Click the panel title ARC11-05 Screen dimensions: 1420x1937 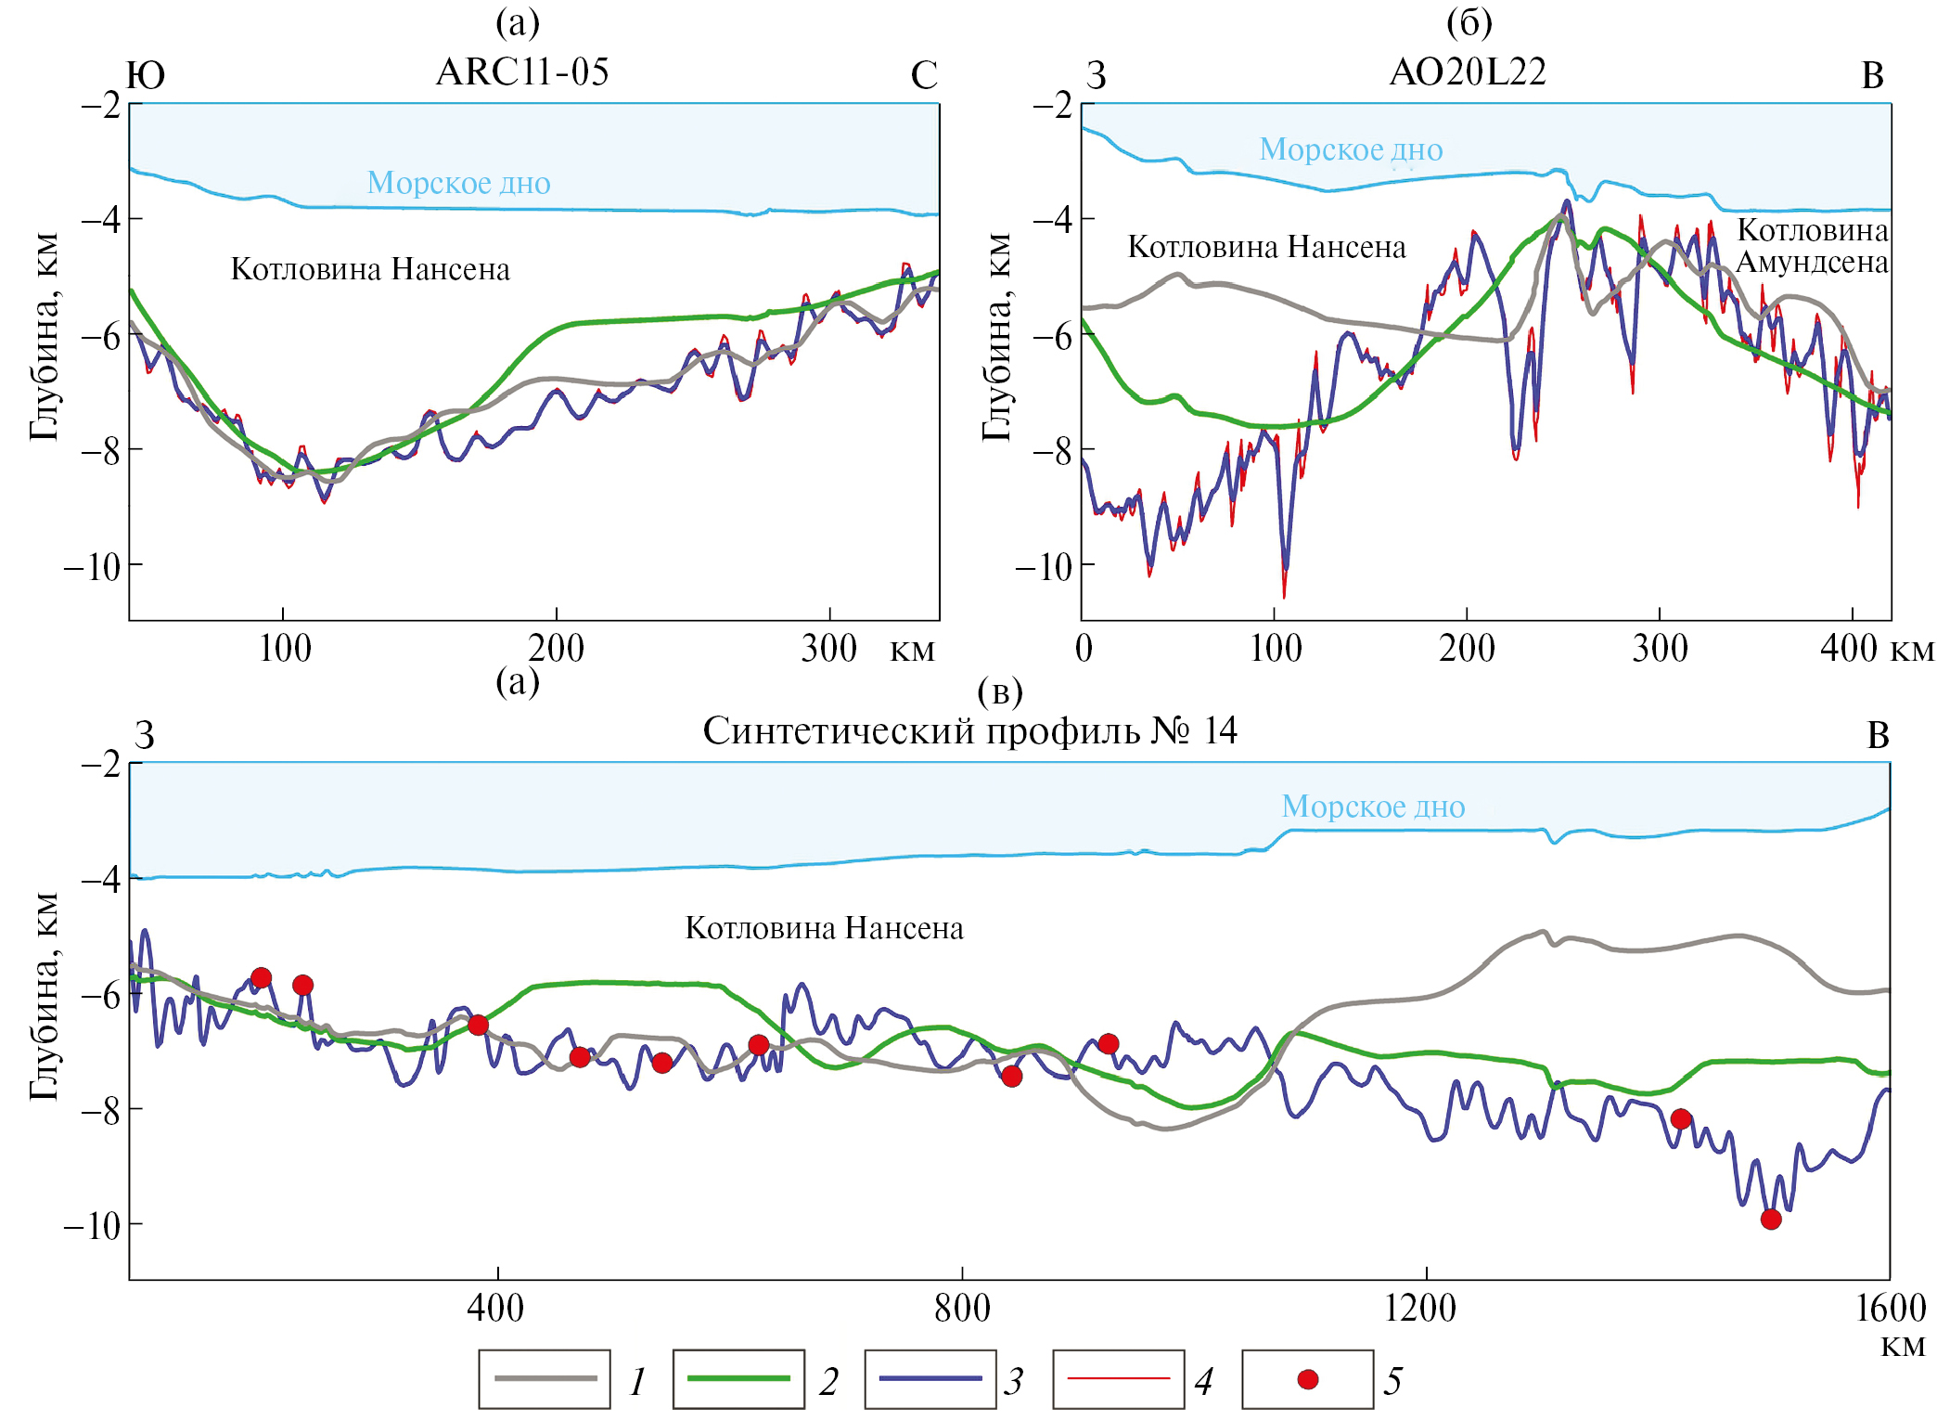pyautogui.click(x=522, y=72)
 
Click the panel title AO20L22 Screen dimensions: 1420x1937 pyautogui.click(x=1468, y=72)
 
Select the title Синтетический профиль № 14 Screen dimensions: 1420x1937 pyautogui.click(x=969, y=731)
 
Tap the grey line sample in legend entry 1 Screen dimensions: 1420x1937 pyautogui.click(x=545, y=1379)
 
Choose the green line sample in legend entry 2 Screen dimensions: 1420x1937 pyautogui.click(x=738, y=1379)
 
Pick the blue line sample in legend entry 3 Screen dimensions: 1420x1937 pyautogui.click(x=930, y=1379)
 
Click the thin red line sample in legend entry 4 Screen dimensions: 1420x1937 pyautogui.click(x=1119, y=1379)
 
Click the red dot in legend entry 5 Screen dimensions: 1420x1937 pyautogui.click(x=1308, y=1380)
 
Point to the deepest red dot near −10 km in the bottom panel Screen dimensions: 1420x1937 pyautogui.click(x=1771, y=1220)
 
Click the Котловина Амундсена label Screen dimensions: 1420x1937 pyautogui.click(x=1812, y=246)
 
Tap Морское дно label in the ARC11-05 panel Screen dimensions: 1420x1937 pyautogui.click(x=458, y=183)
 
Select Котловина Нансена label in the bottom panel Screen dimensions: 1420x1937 pyautogui.click(x=824, y=928)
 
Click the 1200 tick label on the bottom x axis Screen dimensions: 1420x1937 pyautogui.click(x=1420, y=1309)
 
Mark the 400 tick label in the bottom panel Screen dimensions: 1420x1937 pyautogui.click(x=495, y=1309)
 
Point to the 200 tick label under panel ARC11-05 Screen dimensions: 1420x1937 pyautogui.click(x=556, y=649)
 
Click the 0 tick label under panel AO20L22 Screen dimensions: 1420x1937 pyautogui.click(x=1084, y=649)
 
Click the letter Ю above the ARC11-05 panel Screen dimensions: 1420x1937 pyautogui.click(x=146, y=75)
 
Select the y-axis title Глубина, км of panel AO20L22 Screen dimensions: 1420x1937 pyautogui.click(x=996, y=337)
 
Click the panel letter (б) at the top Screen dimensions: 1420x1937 pyautogui.click(x=1469, y=21)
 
